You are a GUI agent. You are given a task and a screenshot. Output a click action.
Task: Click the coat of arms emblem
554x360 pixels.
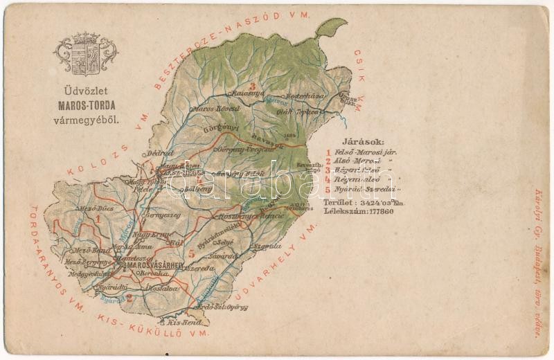point(87,53)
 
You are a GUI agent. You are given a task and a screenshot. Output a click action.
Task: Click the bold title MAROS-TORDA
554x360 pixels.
point(87,107)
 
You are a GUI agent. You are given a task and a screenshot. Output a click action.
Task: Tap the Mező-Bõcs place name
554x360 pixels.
point(94,208)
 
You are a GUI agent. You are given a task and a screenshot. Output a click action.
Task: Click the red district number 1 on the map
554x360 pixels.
point(99,220)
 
